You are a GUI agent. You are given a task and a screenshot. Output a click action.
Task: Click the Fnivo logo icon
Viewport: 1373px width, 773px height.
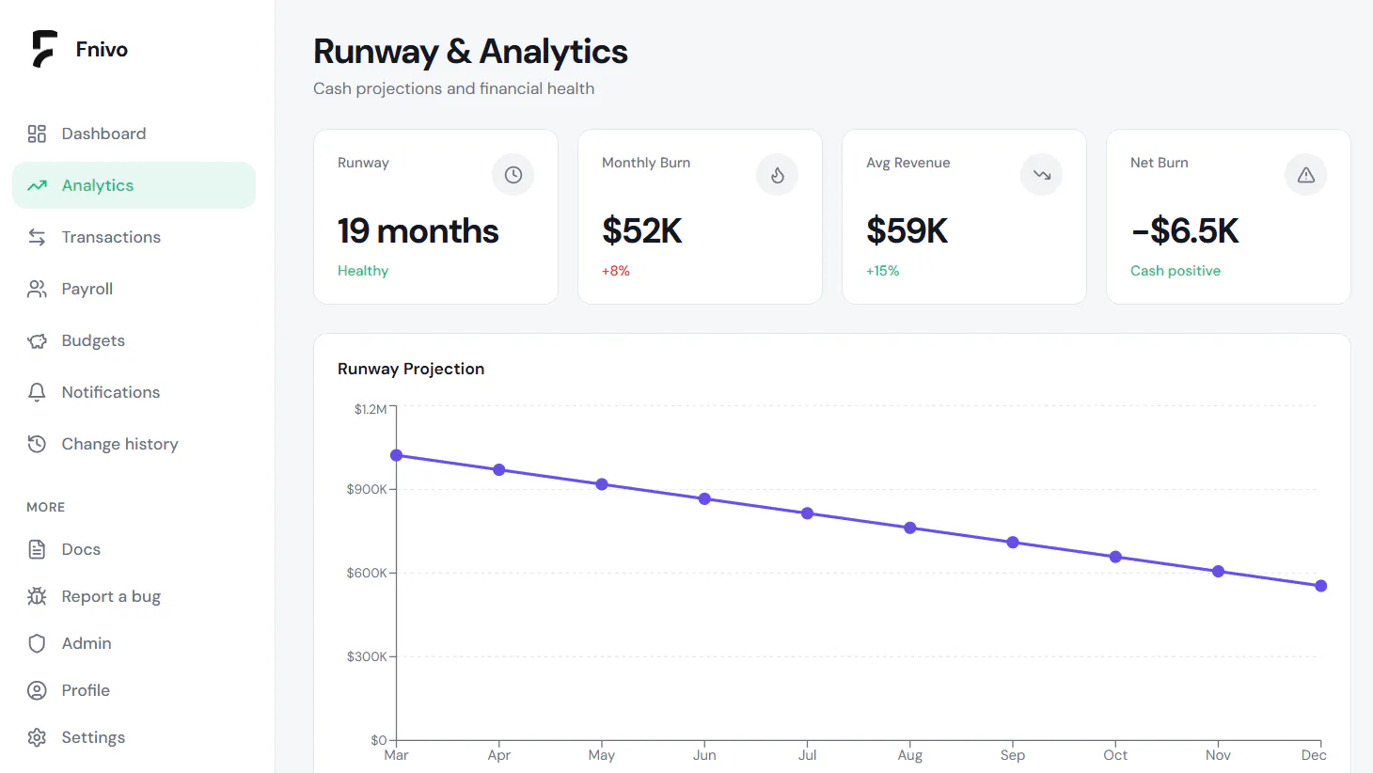pyautogui.click(x=45, y=48)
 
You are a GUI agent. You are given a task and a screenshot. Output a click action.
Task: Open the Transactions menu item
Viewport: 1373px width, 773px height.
pyautogui.click(x=111, y=237)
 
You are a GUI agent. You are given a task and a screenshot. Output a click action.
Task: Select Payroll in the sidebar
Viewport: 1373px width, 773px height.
pyautogui.click(x=87, y=289)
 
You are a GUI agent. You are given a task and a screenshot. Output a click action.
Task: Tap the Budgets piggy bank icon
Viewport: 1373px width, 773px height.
pyautogui.click(x=37, y=340)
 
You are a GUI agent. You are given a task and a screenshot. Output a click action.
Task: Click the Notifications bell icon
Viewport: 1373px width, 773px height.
pyautogui.click(x=37, y=392)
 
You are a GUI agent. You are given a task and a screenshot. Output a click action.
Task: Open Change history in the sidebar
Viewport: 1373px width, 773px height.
pyautogui.click(x=119, y=444)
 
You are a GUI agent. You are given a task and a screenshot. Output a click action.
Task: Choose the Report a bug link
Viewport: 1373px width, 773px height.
pyautogui.click(x=111, y=596)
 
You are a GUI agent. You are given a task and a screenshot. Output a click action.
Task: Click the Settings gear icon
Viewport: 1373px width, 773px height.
pyautogui.click(x=37, y=737)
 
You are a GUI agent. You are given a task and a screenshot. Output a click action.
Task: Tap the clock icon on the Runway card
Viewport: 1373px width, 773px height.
pyautogui.click(x=513, y=175)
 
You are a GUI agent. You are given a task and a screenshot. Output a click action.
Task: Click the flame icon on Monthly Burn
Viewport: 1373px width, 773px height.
pyautogui.click(x=777, y=175)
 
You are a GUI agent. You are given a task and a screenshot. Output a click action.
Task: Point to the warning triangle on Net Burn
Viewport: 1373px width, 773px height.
pyautogui.click(x=1306, y=175)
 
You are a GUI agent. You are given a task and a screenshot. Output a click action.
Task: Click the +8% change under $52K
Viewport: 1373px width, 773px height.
pyautogui.click(x=615, y=271)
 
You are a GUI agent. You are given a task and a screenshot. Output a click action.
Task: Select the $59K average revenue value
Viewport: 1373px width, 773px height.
pyautogui.click(x=907, y=230)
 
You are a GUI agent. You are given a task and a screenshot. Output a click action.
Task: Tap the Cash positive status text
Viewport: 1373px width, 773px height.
pyautogui.click(x=1175, y=271)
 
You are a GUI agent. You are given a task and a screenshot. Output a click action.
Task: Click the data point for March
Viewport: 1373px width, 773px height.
pyautogui.click(x=397, y=455)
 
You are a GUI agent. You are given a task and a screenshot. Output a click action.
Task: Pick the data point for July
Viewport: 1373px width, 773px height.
pyautogui.click(x=807, y=513)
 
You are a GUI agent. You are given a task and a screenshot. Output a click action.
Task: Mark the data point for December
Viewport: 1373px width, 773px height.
pyautogui.click(x=1321, y=586)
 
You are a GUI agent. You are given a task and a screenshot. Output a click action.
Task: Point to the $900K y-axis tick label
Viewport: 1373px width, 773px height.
pyautogui.click(x=367, y=489)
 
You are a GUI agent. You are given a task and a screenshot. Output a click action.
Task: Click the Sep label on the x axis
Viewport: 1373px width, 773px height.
pyautogui.click(x=1013, y=755)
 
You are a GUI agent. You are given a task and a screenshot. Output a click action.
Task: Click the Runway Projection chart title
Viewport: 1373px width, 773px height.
pyautogui.click(x=411, y=369)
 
